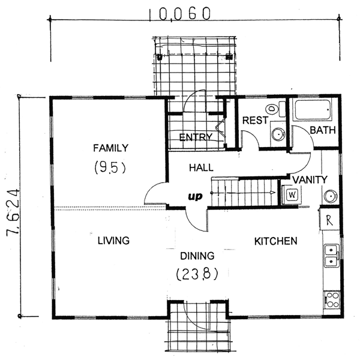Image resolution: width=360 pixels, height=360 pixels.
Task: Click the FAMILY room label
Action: coord(110,148)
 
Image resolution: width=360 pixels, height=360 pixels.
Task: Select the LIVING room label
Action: coord(113,241)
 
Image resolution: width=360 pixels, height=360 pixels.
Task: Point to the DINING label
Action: coord(197,256)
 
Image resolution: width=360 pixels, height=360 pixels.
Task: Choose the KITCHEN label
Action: coord(276,241)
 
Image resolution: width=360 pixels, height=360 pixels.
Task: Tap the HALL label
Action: coord(201,167)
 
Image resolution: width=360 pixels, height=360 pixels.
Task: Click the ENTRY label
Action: coord(196,137)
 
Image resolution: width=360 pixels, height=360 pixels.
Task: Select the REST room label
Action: coord(255,121)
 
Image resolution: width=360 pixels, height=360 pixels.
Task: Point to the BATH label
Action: coord(323,130)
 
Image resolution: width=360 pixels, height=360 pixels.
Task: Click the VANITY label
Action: coord(310,180)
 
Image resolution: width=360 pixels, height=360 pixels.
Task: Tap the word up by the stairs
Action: coord(195,197)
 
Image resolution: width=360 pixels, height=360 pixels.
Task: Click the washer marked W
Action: coord(292,195)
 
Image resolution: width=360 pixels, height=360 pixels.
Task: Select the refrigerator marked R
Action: coord(329,220)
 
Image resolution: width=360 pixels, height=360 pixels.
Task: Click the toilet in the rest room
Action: coord(275,109)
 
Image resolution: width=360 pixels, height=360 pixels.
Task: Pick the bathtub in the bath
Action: coord(313,110)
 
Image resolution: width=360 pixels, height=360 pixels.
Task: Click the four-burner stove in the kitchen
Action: coord(332,300)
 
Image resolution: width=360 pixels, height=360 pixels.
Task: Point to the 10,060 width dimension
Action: coord(179,14)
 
